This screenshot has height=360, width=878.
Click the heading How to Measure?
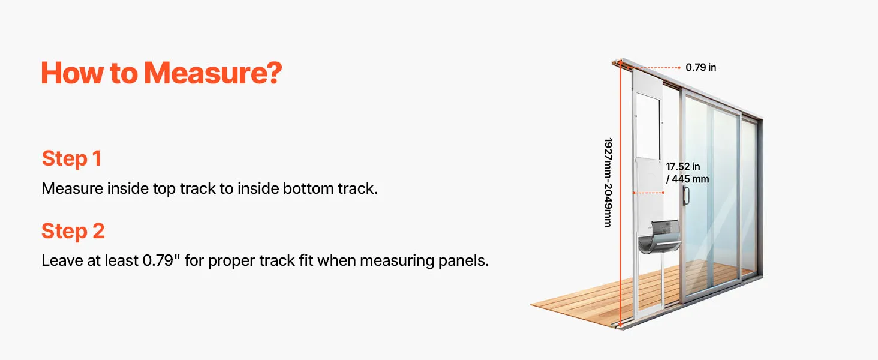[161, 73]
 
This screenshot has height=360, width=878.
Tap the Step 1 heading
[72, 159]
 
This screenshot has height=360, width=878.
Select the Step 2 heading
[73, 231]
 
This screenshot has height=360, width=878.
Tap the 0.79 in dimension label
[701, 67]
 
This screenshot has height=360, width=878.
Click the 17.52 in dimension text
[683, 167]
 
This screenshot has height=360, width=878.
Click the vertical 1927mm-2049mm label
[608, 182]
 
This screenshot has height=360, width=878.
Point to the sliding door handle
[686, 196]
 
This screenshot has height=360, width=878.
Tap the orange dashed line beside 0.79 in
[654, 68]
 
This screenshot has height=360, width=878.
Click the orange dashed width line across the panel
[649, 193]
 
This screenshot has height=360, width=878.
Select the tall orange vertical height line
[621, 194]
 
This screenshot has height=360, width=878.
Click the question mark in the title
[273, 73]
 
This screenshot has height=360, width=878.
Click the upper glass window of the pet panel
[648, 124]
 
